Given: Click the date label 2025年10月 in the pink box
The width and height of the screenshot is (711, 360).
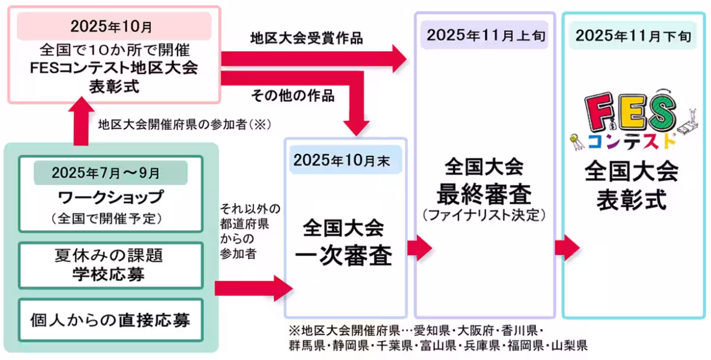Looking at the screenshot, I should point(112,26).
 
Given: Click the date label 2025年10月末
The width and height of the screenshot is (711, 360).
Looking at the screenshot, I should point(345,161).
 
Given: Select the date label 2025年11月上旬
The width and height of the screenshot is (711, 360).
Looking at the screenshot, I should point(485,34).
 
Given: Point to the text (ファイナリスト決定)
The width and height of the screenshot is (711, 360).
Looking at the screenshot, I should point(485,215).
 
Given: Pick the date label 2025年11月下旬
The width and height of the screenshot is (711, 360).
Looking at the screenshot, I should point(633,34).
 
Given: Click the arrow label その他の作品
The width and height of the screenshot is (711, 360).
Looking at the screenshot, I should point(293,95).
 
